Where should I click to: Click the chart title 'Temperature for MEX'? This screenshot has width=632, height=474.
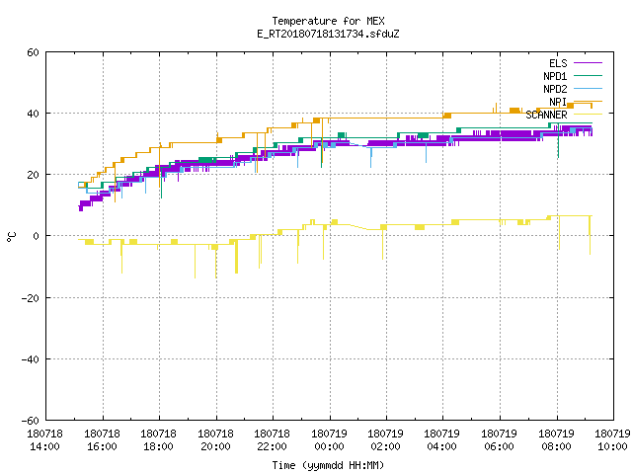[x=328, y=21]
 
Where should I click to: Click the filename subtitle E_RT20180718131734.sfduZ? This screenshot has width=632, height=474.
[x=328, y=34]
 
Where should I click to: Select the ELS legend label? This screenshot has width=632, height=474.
[x=558, y=63]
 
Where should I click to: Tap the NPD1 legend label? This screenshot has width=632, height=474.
[x=555, y=76]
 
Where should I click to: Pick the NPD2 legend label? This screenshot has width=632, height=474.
[x=555, y=89]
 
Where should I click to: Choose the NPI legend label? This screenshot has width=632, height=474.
[x=558, y=102]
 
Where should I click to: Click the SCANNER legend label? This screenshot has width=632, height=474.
[x=546, y=115]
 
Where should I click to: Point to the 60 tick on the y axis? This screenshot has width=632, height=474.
[x=33, y=52]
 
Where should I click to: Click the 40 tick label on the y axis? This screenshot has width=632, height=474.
[x=33, y=114]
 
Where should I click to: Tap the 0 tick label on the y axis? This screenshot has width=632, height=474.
[x=37, y=236]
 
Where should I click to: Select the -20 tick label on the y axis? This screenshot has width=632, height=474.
[x=31, y=298]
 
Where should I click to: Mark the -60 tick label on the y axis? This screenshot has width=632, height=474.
[x=31, y=421]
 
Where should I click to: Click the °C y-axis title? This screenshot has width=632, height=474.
[x=11, y=237]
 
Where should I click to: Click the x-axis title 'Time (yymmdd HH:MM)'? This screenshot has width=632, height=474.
[x=328, y=465]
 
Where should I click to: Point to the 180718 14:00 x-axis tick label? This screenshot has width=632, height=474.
[x=44, y=440]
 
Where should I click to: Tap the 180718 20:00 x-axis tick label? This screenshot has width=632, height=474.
[x=215, y=440]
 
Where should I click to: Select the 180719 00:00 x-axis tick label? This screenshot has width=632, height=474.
[x=329, y=440]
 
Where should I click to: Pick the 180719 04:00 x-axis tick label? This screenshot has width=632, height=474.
[x=441, y=440]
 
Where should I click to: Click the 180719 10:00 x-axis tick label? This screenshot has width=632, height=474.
[x=612, y=440]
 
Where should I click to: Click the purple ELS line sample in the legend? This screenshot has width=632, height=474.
[x=588, y=63]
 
